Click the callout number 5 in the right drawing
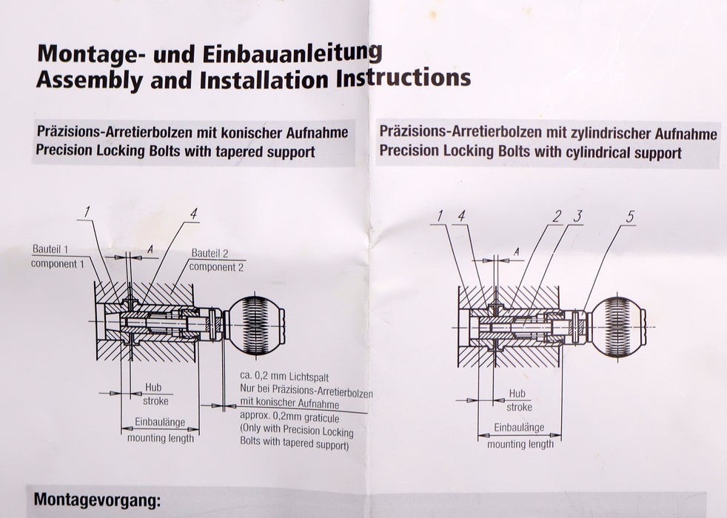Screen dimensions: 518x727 click(629, 217)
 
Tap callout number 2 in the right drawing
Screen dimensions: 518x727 click(557, 217)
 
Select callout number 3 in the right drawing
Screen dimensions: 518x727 click(579, 217)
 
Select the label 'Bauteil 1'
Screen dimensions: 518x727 click(54, 249)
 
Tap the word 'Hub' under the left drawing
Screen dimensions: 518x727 click(154, 388)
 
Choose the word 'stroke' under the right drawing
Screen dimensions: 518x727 click(519, 407)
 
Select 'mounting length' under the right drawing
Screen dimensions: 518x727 click(520, 444)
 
